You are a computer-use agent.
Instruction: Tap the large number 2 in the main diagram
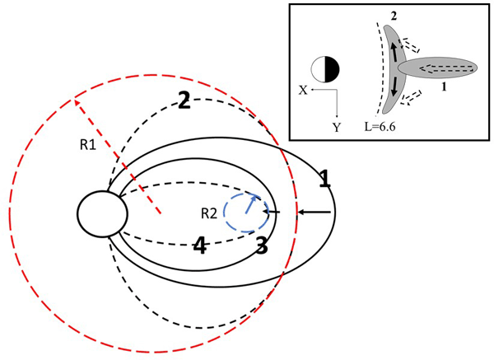[x=184, y=101]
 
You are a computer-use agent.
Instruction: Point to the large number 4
[x=199, y=245]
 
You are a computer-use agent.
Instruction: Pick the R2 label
[x=209, y=214]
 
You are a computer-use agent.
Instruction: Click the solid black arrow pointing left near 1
[x=315, y=213]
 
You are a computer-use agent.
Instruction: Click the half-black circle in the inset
[x=325, y=70]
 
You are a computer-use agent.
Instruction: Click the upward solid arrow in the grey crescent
[x=394, y=52]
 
